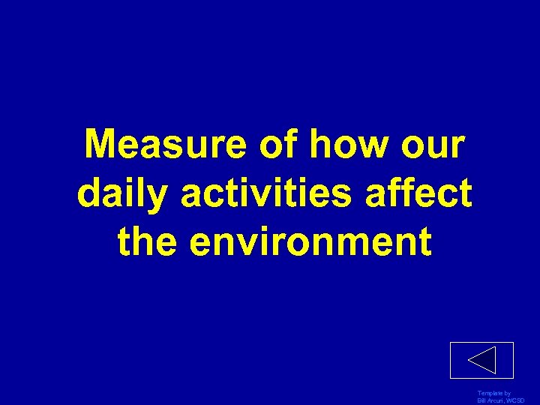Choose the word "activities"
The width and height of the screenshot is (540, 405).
coord(267,193)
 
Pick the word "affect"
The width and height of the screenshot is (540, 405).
coord(418,193)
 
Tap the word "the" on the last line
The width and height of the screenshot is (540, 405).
coord(148,241)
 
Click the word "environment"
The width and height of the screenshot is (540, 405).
coord(310,241)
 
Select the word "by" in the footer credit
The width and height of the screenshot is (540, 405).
coord(508,394)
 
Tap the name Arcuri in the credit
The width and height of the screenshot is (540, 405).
coord(497,401)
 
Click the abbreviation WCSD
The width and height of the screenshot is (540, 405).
coord(517,401)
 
